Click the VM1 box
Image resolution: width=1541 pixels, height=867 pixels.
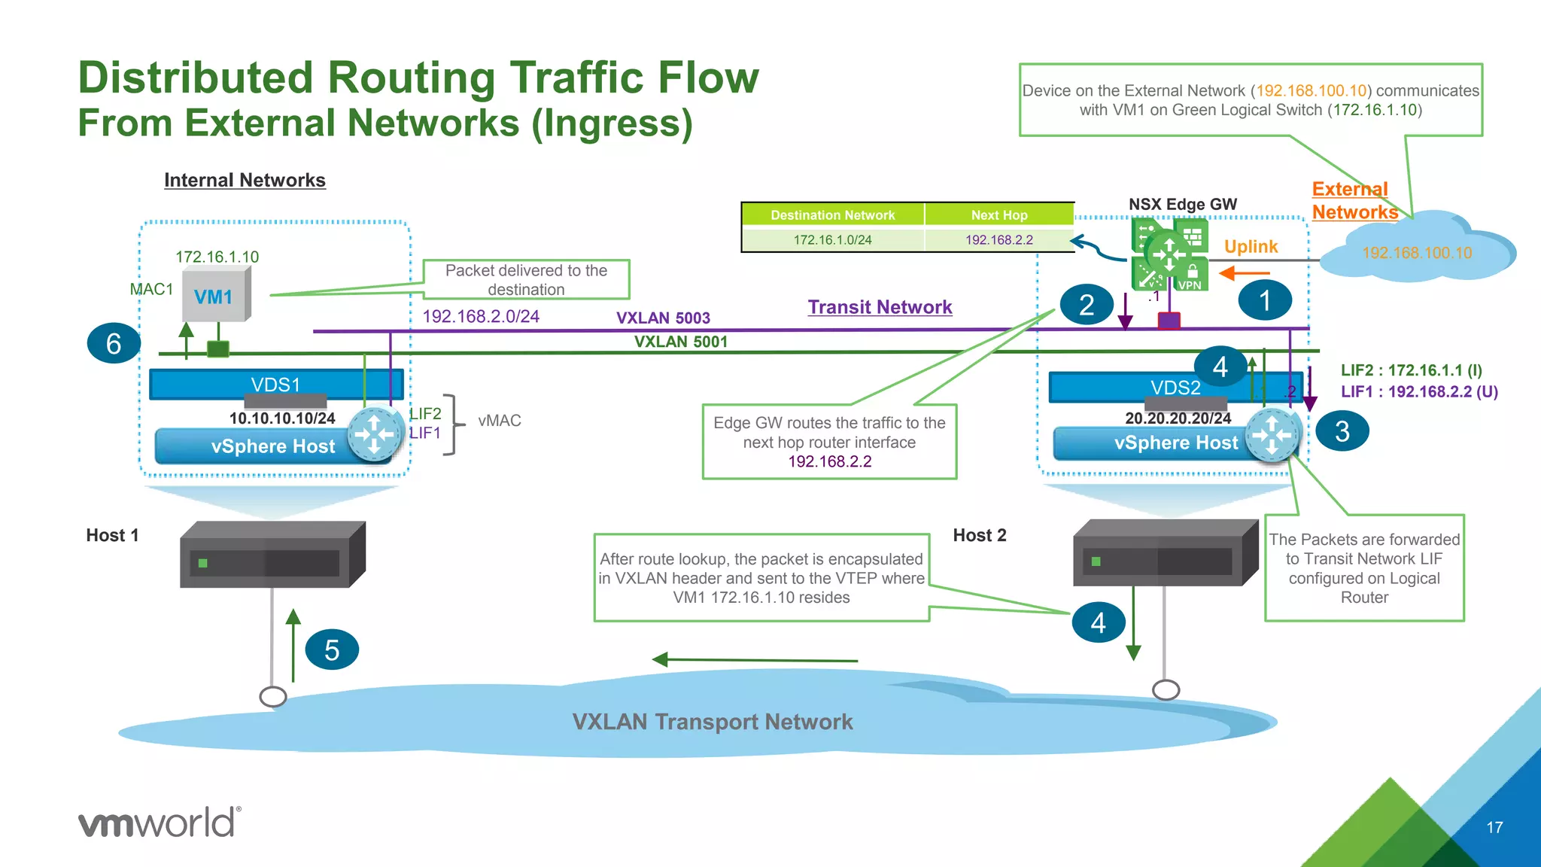tap(216, 296)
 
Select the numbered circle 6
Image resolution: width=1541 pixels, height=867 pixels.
tap(114, 343)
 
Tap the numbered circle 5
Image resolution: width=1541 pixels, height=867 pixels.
tap(332, 649)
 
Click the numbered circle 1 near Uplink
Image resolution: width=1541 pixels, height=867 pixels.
tap(1265, 300)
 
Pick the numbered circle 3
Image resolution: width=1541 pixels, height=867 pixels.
tap(1342, 431)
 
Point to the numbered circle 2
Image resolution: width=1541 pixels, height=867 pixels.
tap(1086, 305)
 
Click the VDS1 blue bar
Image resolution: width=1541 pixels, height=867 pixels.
tap(275, 385)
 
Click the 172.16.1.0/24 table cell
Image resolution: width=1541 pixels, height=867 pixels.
tap(832, 240)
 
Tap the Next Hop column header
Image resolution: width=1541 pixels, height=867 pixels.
tap(998, 215)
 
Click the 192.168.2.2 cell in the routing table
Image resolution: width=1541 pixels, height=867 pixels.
tap(998, 240)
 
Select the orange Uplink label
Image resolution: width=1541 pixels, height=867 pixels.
tap(1251, 247)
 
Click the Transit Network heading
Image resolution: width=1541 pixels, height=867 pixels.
tap(880, 307)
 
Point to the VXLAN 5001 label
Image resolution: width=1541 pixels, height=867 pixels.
tap(681, 342)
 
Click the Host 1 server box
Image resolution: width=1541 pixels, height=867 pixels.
tap(272, 555)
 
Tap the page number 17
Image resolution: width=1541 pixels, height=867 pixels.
tap(1494, 828)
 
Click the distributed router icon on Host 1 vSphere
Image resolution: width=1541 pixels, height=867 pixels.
tap(375, 434)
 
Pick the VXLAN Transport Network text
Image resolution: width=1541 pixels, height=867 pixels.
tap(712, 722)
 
